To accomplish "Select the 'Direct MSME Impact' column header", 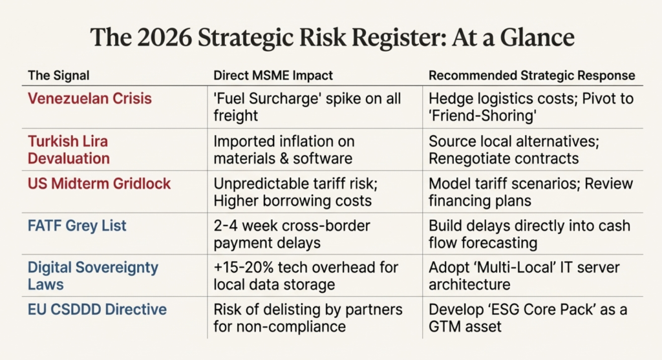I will (273, 76).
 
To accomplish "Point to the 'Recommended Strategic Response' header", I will (531, 76).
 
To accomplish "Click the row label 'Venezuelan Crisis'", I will (90, 99).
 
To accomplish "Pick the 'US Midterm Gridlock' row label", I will (99, 184).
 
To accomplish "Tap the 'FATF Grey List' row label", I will (77, 226).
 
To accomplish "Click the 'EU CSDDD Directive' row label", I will (97, 310).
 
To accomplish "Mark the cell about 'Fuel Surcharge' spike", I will (307, 107).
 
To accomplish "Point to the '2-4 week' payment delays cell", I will (291, 234).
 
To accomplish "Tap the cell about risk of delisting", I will (307, 318).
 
